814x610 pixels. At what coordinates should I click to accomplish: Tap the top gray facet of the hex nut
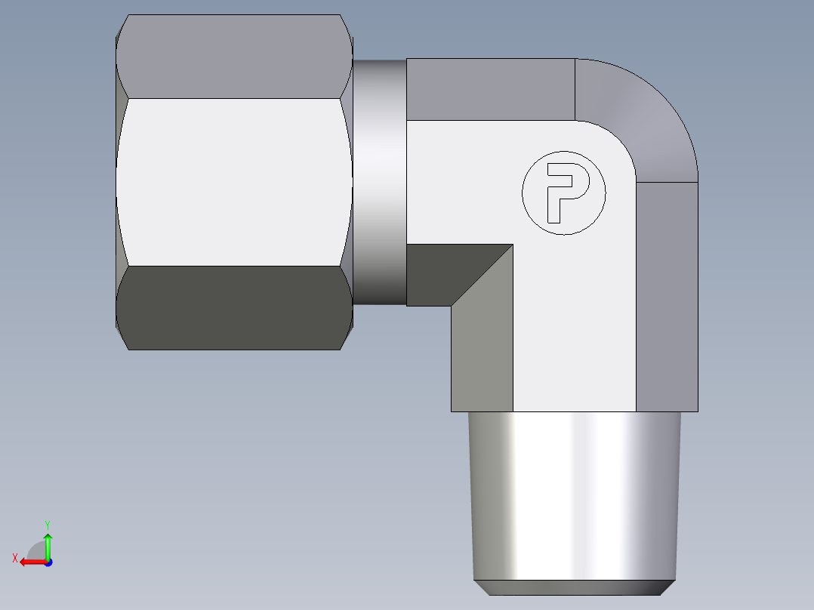click(234, 57)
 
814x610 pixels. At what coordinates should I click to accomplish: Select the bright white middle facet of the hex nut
click(234, 181)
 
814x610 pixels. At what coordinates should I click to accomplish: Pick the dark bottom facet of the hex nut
click(234, 308)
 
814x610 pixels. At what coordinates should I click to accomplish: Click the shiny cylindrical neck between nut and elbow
click(379, 181)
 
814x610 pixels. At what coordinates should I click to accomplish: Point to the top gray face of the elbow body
click(491, 89)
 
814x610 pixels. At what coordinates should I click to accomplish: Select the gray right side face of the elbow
click(667, 294)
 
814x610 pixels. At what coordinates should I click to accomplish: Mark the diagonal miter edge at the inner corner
click(483, 275)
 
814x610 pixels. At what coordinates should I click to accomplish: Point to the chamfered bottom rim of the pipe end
click(574, 587)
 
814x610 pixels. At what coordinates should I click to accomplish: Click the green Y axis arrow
click(48, 544)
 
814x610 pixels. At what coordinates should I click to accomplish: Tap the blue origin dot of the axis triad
click(48, 562)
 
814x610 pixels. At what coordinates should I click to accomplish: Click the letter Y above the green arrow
click(47, 524)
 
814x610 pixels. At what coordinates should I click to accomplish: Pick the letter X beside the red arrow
click(14, 558)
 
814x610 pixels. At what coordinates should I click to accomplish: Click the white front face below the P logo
click(574, 325)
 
